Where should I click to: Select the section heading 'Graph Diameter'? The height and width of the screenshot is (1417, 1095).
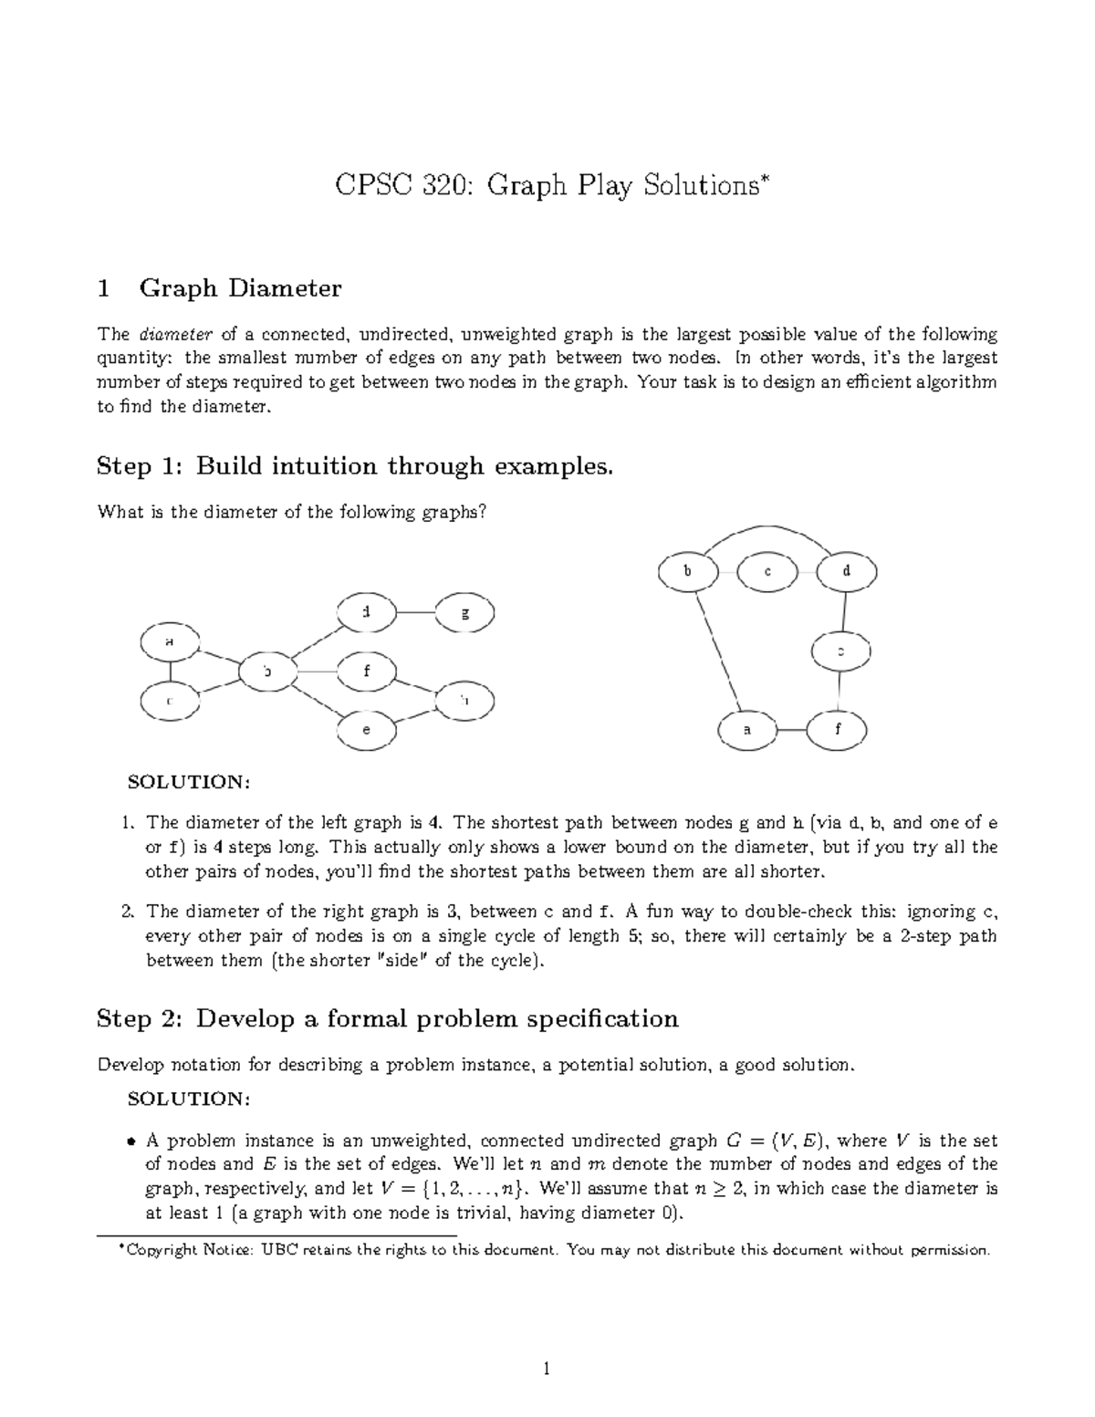[x=240, y=289]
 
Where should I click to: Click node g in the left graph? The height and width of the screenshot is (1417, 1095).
[x=465, y=613]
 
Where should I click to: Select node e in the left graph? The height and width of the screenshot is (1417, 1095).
[x=367, y=730]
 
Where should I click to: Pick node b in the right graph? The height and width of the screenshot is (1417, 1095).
[x=688, y=572]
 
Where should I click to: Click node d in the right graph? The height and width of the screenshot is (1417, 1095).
[x=847, y=572]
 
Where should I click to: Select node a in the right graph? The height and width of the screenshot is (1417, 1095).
[x=747, y=731]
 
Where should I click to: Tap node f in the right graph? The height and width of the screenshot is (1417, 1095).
[x=838, y=731]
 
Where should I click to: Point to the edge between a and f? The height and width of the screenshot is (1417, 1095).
[x=792, y=731]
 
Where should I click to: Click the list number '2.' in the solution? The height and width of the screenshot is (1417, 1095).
[x=129, y=912]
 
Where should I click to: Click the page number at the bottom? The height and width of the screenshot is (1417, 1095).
[x=546, y=1369]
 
